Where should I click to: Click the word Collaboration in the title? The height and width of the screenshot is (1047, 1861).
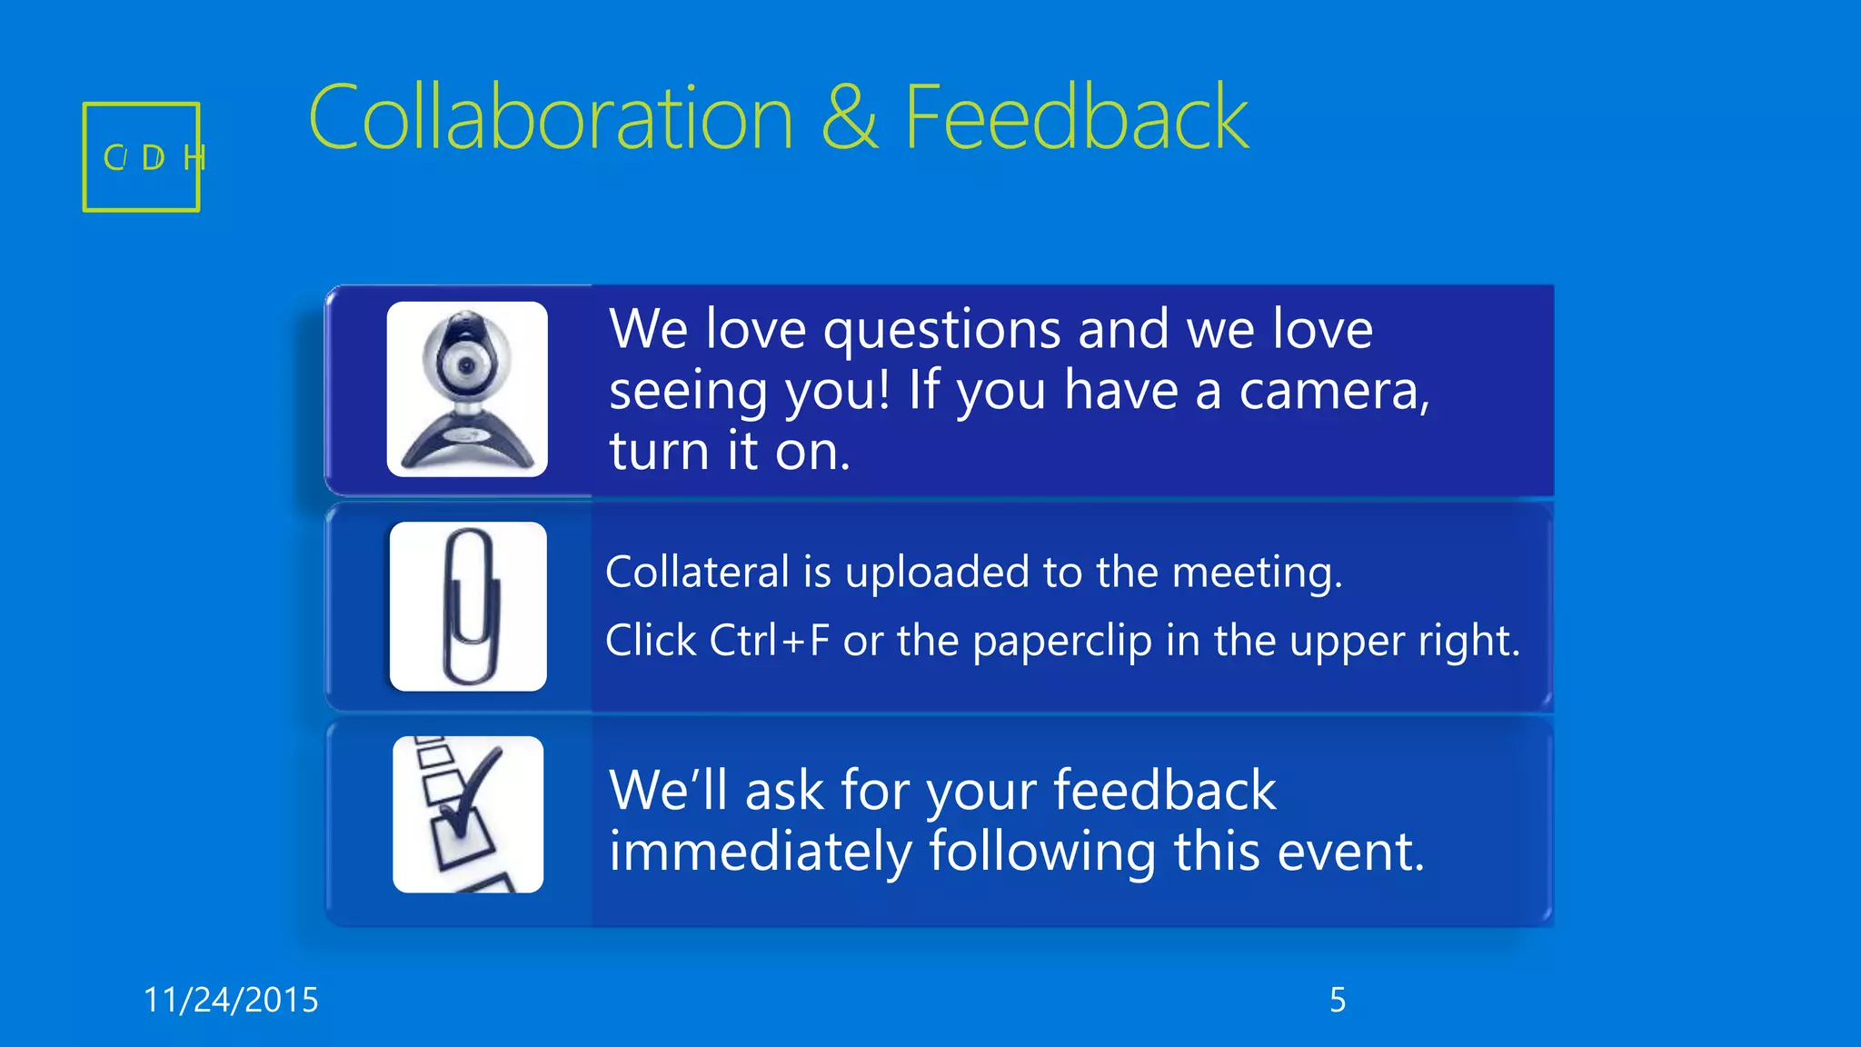tap(551, 118)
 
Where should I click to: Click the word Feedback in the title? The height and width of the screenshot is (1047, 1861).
tap(1076, 118)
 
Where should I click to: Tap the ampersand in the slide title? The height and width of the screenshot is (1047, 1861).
tap(850, 118)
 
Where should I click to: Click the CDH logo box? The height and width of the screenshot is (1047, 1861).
tap(142, 157)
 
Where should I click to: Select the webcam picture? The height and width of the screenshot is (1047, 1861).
tap(467, 389)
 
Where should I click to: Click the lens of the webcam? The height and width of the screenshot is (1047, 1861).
tap(466, 365)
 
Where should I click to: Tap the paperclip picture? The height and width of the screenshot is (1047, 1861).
tap(469, 606)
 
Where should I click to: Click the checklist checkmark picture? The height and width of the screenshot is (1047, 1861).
tap(468, 814)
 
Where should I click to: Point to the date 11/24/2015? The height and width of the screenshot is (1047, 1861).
tap(231, 1000)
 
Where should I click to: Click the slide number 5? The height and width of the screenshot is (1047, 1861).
tap(1338, 1000)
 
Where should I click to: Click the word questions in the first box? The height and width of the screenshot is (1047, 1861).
tap(941, 329)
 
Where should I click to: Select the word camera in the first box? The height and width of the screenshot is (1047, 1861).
tap(1334, 391)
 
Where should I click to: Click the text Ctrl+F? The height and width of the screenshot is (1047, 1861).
tap(770, 641)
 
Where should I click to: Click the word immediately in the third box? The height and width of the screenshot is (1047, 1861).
tap(761, 852)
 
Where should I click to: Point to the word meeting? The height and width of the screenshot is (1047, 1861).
tap(1256, 573)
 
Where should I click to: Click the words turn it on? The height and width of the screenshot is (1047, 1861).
tap(729, 451)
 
